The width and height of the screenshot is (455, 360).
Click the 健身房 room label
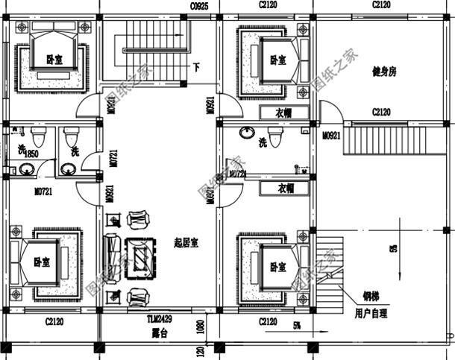[x=383, y=72]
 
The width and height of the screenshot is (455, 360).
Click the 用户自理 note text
[x=370, y=314]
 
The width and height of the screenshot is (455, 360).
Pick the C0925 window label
[x=199, y=5]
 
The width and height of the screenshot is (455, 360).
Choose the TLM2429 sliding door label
[x=159, y=318]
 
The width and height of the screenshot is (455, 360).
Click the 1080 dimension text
[x=199, y=326]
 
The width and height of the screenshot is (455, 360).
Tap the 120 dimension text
[x=199, y=350]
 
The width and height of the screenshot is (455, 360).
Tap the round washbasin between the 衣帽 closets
[x=245, y=133]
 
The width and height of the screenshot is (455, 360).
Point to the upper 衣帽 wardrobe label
[x=283, y=113]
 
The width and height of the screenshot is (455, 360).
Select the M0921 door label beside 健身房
[x=332, y=137]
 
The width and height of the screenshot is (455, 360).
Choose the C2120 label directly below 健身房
[x=381, y=113]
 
